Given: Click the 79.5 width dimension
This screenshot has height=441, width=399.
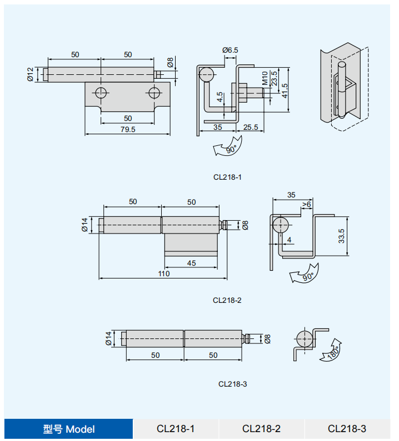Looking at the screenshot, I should (x=128, y=129).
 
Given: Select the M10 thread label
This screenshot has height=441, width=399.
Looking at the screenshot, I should (x=265, y=78).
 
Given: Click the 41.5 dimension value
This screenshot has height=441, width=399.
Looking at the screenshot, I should (x=284, y=89).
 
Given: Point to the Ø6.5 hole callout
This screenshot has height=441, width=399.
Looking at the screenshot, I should (x=230, y=50).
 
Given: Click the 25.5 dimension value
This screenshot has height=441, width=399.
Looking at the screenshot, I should (x=251, y=127).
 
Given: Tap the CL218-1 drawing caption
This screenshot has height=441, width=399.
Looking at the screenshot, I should (x=227, y=178).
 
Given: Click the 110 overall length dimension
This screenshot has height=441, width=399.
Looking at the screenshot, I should (x=163, y=273).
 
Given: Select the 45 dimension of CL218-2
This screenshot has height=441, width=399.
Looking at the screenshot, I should (x=191, y=263).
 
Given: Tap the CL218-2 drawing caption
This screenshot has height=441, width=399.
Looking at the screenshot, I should (x=227, y=300).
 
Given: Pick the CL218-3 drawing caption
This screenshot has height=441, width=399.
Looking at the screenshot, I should (x=233, y=384).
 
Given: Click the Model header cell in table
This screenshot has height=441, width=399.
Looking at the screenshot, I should (x=69, y=429).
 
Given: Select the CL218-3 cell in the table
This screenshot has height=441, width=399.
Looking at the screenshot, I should (x=347, y=429).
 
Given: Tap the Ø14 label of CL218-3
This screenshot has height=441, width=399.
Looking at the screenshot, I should (x=109, y=338).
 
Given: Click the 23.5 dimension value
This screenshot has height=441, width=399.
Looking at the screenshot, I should (x=274, y=78).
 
